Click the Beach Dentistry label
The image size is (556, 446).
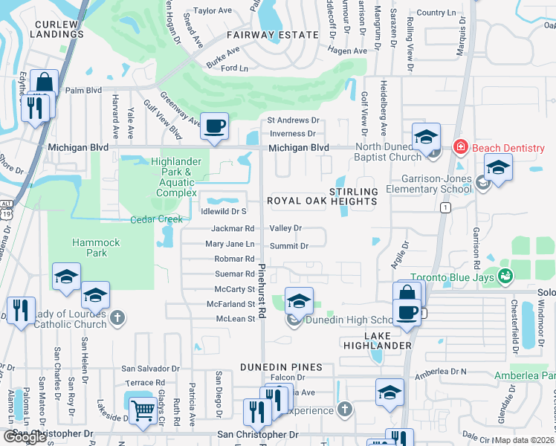point(510,148)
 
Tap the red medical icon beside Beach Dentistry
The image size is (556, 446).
point(462,148)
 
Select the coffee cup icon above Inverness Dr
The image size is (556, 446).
point(215,126)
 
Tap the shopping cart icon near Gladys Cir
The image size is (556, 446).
point(142,410)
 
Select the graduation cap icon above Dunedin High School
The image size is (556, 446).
point(299,301)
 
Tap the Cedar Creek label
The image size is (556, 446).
point(156,219)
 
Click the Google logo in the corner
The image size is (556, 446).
point(25,437)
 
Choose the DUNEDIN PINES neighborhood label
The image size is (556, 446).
point(281,367)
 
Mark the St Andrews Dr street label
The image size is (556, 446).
point(293,120)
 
